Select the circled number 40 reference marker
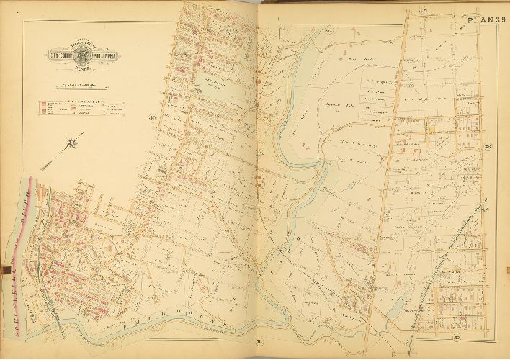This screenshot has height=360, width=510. [152, 119]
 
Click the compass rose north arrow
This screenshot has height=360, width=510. [72, 144]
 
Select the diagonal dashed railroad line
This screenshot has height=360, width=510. [454, 245]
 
